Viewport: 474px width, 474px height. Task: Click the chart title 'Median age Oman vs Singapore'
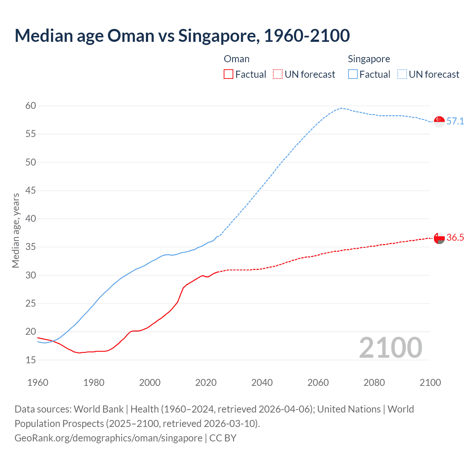[x=182, y=36]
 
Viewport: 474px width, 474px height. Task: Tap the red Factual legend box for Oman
[x=228, y=74]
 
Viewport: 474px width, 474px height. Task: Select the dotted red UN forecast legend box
[x=278, y=74]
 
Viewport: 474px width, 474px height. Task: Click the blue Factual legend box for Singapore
[x=353, y=74]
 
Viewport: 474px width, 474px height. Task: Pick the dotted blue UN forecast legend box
[x=402, y=74]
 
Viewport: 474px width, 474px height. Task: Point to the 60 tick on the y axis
[x=31, y=106]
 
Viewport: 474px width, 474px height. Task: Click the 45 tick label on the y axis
[x=31, y=191]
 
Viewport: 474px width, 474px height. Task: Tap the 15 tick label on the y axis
[x=31, y=360]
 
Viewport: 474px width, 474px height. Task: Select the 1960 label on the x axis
[x=38, y=383]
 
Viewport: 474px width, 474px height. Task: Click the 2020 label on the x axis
[x=206, y=383]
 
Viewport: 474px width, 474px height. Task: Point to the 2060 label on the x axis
[x=318, y=383]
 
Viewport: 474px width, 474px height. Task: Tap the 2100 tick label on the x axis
[x=430, y=383]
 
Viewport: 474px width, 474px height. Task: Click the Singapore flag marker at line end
[x=439, y=121]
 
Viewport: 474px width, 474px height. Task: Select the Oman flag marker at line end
[x=439, y=238]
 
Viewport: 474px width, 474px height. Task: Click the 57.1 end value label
[x=455, y=121]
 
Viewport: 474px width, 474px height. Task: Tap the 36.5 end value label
[x=455, y=238]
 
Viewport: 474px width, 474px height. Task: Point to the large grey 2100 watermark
[x=390, y=347]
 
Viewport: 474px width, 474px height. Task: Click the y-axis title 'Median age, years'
[x=16, y=230]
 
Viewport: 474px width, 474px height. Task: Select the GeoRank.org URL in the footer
[x=109, y=438]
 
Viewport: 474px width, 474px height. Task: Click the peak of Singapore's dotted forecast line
[x=341, y=108]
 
